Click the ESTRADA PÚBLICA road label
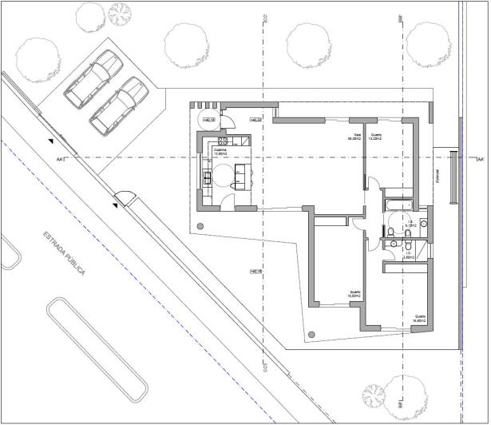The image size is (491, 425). coord(63,253)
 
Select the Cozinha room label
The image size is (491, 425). coord(220,151)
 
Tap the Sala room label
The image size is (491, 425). coord(351,137)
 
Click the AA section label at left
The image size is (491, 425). coord(59,160)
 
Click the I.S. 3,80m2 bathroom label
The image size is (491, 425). coord(408,255)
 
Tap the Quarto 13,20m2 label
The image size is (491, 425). coord(374,137)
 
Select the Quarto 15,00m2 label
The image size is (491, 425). coord(355,293)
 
